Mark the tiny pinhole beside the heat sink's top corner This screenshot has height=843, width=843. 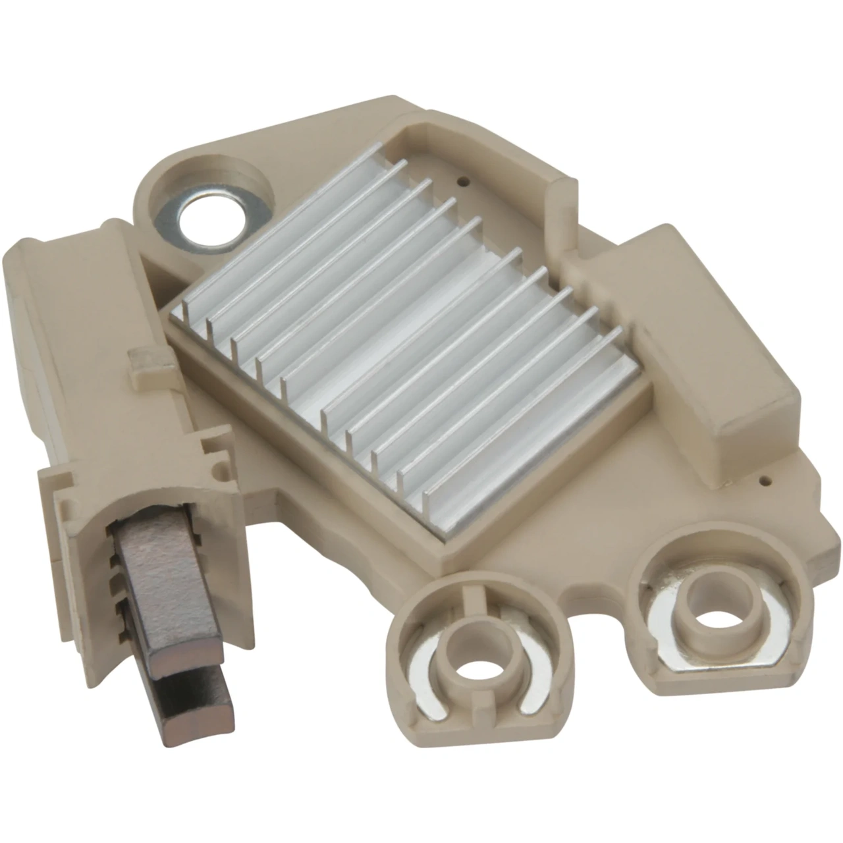[465, 177]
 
